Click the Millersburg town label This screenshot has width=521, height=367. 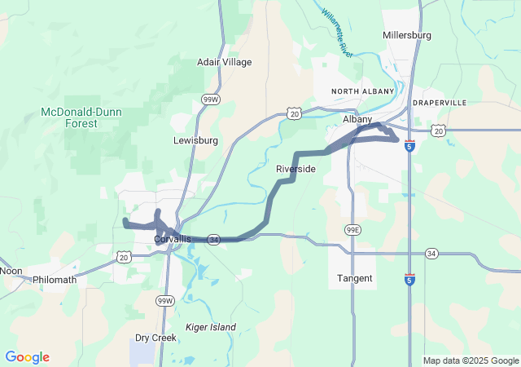(x=407, y=35)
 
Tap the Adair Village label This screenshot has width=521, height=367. (x=225, y=62)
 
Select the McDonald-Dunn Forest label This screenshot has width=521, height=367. (x=70, y=117)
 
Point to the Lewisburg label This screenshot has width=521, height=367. (x=195, y=140)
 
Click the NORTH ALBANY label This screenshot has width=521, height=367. (x=362, y=91)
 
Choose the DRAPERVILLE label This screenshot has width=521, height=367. (x=440, y=103)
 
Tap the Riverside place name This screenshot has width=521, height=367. (x=296, y=169)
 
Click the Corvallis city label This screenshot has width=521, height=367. (x=173, y=239)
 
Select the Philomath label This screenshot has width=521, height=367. (x=55, y=280)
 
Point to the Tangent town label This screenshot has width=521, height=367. (x=355, y=278)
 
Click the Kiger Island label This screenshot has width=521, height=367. (x=210, y=327)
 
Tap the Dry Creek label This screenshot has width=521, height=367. (x=155, y=337)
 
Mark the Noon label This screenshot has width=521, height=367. (x=11, y=271)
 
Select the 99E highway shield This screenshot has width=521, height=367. (x=352, y=229)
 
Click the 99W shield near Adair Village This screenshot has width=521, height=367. (x=211, y=99)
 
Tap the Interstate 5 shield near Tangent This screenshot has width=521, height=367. (x=409, y=280)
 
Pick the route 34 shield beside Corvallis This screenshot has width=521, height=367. (x=213, y=240)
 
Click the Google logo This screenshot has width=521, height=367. (x=27, y=357)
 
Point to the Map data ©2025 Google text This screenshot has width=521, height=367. (x=470, y=360)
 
